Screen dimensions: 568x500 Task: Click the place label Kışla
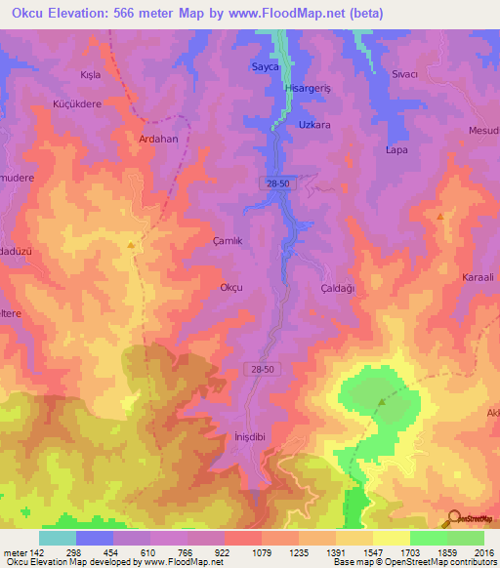[90, 74]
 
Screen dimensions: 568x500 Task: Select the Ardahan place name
[159, 139]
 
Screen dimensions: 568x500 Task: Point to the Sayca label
[266, 67]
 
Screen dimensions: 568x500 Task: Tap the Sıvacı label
[404, 74]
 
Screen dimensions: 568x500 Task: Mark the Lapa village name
[396, 150]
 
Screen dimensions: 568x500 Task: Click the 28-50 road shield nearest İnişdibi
[257, 366]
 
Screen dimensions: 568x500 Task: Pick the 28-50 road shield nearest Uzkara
[277, 183]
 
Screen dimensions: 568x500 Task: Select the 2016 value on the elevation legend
[481, 552]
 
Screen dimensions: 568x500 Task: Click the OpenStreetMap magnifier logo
[453, 518]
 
